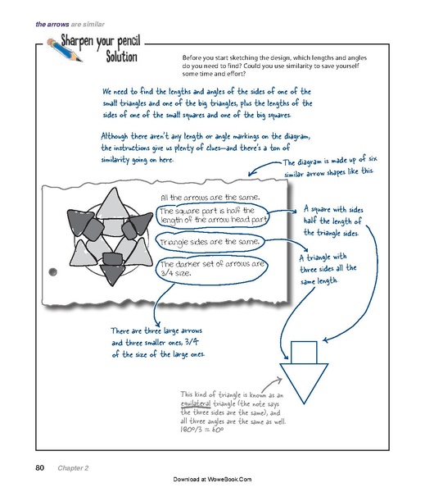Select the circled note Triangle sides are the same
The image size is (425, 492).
pyautogui.click(x=210, y=243)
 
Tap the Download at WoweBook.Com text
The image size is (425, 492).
pyautogui.click(x=213, y=478)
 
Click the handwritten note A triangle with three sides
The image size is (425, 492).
pyautogui.click(x=322, y=270)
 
